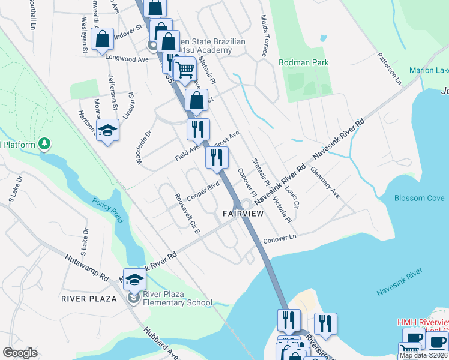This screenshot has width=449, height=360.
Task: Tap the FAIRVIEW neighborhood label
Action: tap(243, 214)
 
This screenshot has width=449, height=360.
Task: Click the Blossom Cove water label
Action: tap(419, 198)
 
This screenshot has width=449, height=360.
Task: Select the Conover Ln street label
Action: tap(280, 238)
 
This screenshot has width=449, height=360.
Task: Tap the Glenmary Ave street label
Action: tap(325, 182)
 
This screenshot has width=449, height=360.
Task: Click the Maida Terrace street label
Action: tap(264, 37)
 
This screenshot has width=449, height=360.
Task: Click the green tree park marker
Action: tap(44, 143)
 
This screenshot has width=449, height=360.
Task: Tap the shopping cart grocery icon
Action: tap(185, 70)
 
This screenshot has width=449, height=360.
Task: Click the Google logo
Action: tap(20, 353)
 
